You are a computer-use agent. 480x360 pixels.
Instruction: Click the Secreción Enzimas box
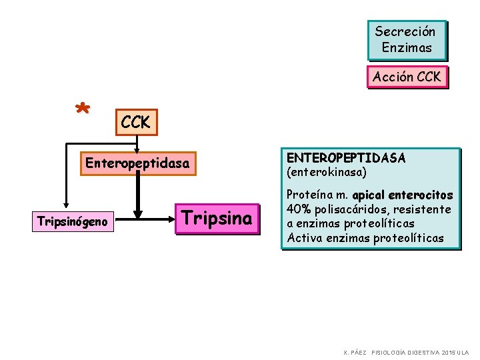(x=407, y=39)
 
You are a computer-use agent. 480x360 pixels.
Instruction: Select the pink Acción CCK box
(x=407, y=77)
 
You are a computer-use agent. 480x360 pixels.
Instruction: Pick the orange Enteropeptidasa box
(x=138, y=163)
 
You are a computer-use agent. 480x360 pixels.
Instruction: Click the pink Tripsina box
(x=217, y=219)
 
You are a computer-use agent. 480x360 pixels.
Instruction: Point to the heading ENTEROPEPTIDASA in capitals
(x=345, y=158)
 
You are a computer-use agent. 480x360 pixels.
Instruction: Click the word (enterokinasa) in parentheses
(x=327, y=172)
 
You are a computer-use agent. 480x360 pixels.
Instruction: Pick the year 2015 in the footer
(x=446, y=352)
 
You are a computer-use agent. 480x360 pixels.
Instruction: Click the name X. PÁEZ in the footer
(x=355, y=352)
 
